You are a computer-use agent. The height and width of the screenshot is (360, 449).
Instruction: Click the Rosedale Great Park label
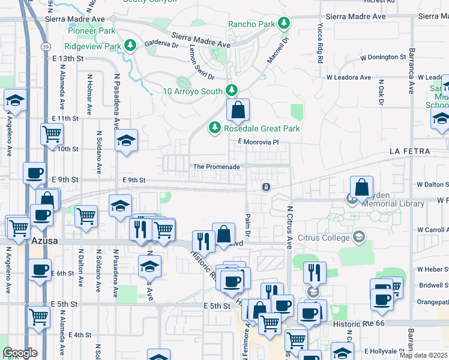coord(262,128)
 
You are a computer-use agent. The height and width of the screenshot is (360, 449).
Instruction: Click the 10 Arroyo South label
coord(193,91)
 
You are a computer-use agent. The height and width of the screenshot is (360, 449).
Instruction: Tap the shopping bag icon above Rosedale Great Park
coord(238,110)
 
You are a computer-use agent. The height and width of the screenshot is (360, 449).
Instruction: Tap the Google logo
coord(20,353)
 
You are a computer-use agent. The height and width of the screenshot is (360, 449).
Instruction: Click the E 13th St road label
coord(67,58)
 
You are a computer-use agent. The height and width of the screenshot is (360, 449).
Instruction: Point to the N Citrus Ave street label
coord(289,227)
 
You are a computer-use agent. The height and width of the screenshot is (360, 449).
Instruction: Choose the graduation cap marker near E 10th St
coord(126,142)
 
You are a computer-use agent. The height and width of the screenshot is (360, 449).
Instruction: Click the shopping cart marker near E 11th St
coord(52,135)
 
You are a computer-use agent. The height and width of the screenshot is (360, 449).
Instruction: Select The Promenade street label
coord(216,167)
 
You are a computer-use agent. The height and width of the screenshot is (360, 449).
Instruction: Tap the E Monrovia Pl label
coord(259,142)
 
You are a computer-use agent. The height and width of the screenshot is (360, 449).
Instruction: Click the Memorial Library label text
coord(394,204)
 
